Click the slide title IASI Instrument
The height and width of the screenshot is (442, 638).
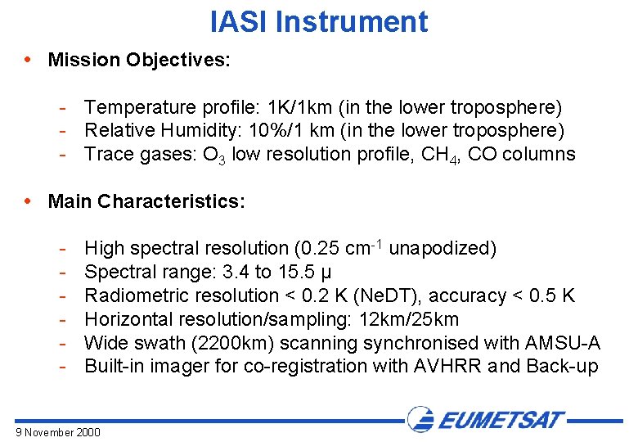[318, 22]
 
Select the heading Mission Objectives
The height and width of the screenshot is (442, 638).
[139, 60]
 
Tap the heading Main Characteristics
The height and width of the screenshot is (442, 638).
[146, 201]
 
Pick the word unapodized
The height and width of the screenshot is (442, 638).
[443, 248]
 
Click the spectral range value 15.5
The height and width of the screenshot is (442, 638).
[305, 272]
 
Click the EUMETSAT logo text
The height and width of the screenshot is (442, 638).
[501, 421]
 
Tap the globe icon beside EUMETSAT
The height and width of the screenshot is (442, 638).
[420, 419]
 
